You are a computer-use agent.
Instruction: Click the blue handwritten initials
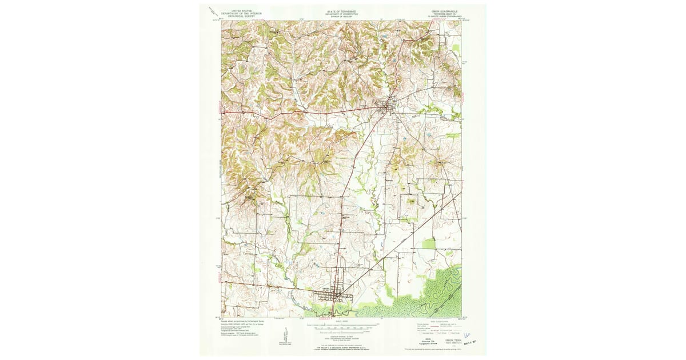(467, 333)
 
